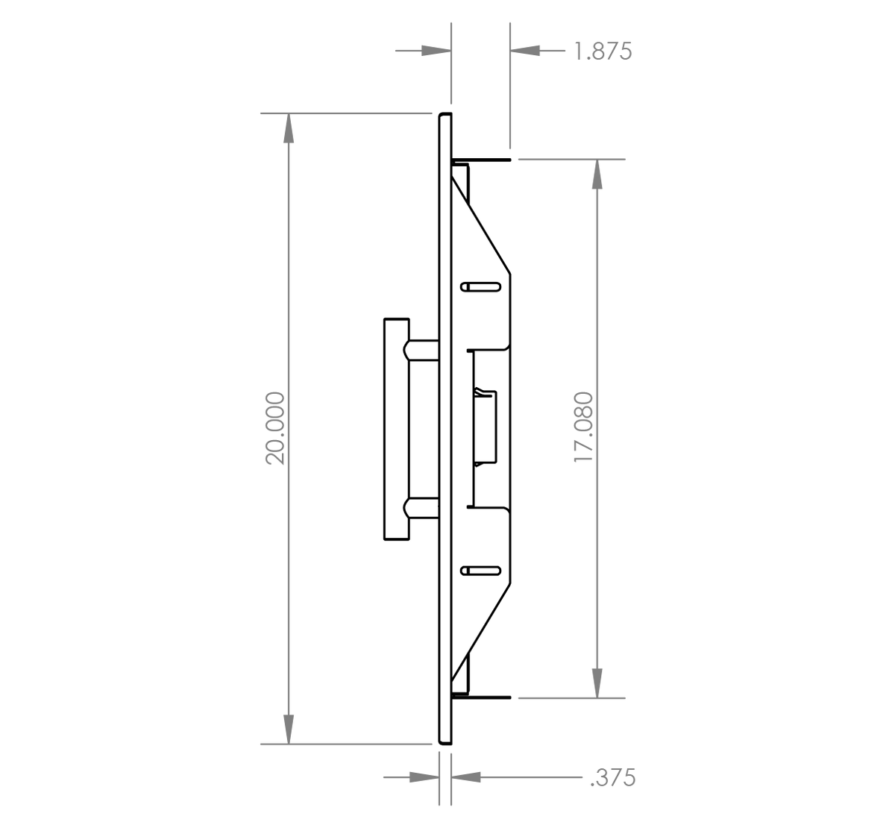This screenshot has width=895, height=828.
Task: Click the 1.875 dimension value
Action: coord(603,51)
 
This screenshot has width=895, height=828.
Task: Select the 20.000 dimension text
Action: coord(275,429)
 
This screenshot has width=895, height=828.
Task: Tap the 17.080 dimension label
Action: coord(583,427)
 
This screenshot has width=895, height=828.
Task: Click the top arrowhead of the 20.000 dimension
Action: coord(289,128)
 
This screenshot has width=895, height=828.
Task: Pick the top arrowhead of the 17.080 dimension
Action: coord(597,174)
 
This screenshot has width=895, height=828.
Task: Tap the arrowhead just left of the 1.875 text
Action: coord(525,51)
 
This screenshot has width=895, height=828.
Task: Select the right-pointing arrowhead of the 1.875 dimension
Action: coord(436,51)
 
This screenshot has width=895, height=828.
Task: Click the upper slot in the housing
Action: coord(481,286)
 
